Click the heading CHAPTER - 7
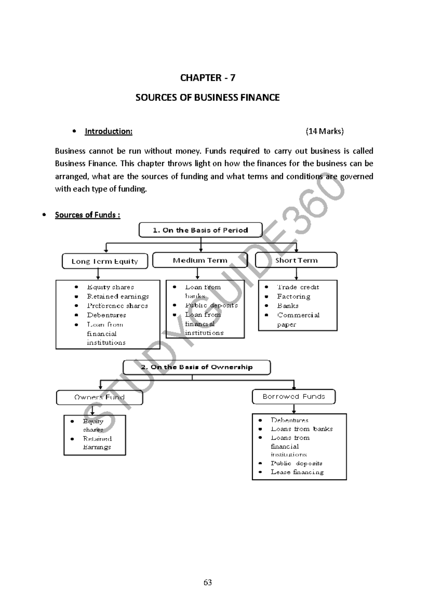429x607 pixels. click(x=207, y=78)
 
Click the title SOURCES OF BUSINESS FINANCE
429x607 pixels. click(x=207, y=98)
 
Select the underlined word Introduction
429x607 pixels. click(x=108, y=132)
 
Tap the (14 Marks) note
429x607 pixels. click(x=324, y=132)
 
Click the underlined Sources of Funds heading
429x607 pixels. click(x=87, y=215)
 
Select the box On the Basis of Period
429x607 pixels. click(x=200, y=230)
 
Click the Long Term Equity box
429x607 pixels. click(x=105, y=261)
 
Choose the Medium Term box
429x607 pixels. click(x=200, y=260)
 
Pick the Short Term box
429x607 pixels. click(x=296, y=260)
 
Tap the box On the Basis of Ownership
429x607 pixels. click(x=197, y=367)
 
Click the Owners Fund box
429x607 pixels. click(x=99, y=397)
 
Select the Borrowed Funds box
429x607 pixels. click(x=294, y=396)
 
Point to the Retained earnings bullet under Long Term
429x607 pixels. click(x=118, y=296)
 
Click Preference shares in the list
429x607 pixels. click(x=117, y=306)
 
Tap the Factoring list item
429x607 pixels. click(x=294, y=296)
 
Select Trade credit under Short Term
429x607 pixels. click(x=298, y=287)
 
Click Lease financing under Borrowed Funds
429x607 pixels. click(x=297, y=472)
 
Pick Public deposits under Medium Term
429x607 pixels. click(x=211, y=305)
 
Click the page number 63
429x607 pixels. click(x=208, y=582)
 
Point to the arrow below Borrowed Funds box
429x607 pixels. click(x=294, y=409)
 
